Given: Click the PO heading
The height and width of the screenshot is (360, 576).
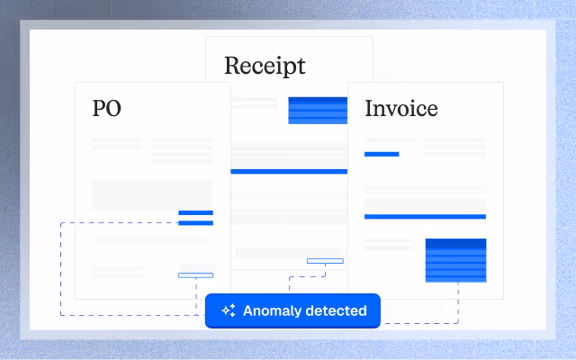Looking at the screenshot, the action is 106,109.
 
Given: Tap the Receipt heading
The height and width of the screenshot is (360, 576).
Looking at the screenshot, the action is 265,66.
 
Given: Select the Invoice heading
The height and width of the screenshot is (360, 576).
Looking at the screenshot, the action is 401,109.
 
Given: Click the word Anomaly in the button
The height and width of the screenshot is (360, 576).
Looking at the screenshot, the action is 272,310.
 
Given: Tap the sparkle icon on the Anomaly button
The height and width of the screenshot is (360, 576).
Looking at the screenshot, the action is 229,310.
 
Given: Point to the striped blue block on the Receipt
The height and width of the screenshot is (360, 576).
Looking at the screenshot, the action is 318,110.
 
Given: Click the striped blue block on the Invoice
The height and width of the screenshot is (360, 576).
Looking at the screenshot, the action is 455,259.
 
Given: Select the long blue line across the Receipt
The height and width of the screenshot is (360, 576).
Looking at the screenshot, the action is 289,171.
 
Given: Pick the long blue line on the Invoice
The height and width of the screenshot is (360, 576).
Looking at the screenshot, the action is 425,217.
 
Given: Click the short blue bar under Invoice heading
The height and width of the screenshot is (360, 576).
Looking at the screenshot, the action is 382,154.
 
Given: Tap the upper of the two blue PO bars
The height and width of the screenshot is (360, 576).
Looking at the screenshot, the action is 195,213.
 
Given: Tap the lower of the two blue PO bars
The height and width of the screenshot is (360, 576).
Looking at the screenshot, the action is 195,222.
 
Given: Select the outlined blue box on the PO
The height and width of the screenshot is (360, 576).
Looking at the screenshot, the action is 195,274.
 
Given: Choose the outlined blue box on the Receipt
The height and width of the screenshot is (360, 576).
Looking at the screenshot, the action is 325,261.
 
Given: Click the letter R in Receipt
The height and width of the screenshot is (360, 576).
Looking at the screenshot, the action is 231,66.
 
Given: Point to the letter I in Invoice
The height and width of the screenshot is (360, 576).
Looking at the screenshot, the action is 369,109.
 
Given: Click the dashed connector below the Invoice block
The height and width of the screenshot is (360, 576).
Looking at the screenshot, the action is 458,301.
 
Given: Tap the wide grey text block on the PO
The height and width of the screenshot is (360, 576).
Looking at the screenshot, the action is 152,193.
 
